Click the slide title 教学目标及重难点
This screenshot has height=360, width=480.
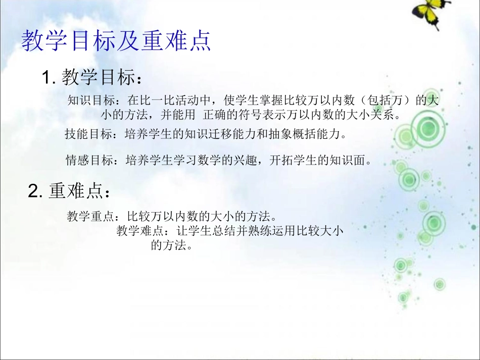[x=116, y=41]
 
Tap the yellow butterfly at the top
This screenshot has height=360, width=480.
[x=433, y=13]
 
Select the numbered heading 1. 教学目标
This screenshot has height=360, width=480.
[x=91, y=78]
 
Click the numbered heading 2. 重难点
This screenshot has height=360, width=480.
[x=69, y=191]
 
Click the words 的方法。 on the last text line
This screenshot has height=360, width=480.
[x=172, y=246]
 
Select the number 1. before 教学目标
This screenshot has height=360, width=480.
[x=49, y=78]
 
